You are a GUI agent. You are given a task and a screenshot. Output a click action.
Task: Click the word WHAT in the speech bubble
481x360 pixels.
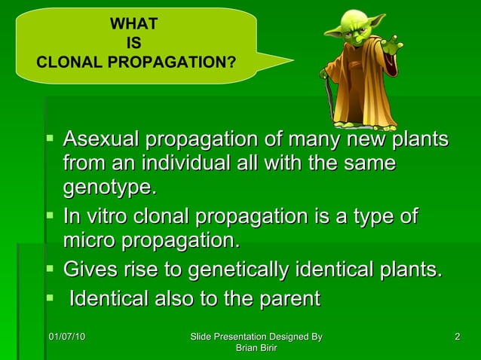pyautogui.click(x=134, y=24)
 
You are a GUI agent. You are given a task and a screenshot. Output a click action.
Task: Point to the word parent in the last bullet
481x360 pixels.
pyautogui.click(x=288, y=298)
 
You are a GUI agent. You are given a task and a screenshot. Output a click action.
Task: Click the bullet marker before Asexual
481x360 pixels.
pyautogui.click(x=50, y=139)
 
